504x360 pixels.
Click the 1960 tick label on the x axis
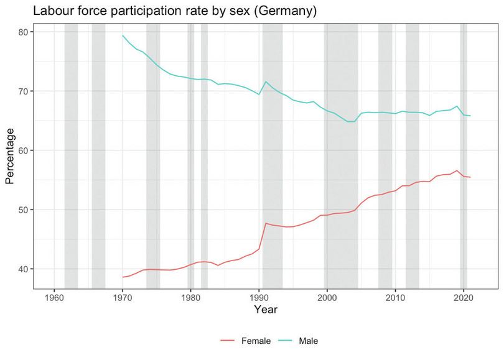54,297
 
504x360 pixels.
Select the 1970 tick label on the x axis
123,297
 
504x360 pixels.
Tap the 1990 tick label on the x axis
259,297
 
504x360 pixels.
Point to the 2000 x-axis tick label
327,297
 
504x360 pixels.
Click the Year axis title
266,309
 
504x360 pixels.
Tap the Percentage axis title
10,155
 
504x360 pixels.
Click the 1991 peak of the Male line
266,81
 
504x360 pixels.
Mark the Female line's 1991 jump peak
266,223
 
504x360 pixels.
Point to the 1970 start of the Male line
123,35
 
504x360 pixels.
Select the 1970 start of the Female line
123,277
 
